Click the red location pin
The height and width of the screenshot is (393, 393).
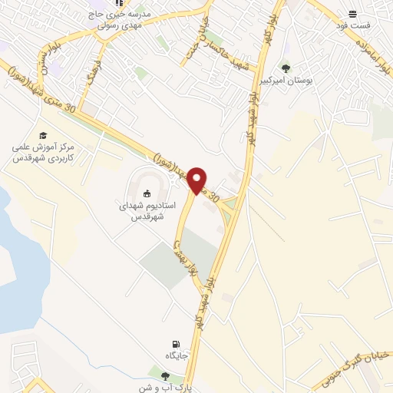tap(198, 180)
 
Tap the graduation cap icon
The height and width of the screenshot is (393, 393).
tap(42, 136)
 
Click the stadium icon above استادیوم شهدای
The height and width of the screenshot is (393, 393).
tap(147, 193)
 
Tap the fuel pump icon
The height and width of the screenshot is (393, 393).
tap(177, 343)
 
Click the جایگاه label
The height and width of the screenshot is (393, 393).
tap(177, 357)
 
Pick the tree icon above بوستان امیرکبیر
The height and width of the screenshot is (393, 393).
tap(286, 68)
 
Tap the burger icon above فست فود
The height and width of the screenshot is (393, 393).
tap(352, 14)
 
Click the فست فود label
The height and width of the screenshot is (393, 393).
tap(356, 25)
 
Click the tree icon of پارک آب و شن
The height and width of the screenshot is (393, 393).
tap(164, 375)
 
